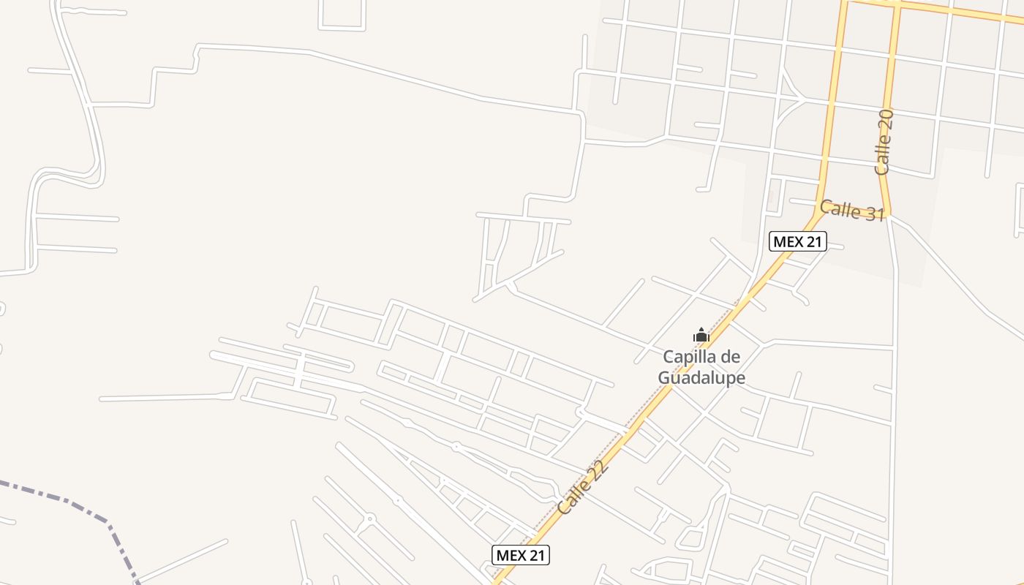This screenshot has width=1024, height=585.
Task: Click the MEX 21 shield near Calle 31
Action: pos(797,242)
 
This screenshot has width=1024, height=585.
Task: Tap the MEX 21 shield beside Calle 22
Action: pos(520,555)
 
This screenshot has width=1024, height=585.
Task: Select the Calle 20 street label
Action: pos(884,142)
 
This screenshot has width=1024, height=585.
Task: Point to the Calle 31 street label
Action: pos(852,211)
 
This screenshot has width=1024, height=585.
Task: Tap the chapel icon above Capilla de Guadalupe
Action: pos(701,336)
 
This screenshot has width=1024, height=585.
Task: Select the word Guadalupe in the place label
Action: pos(701,378)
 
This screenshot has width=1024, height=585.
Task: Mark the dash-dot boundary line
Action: pos(59,498)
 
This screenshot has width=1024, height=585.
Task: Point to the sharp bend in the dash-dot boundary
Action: pos(109,524)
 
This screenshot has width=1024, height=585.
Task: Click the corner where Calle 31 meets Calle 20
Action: pos(889,215)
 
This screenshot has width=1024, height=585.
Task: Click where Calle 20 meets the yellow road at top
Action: pos(897,6)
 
